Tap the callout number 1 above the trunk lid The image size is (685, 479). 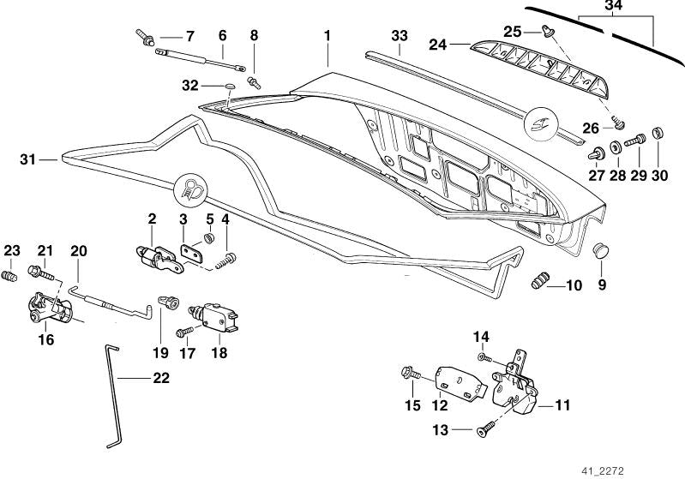pyautogui.click(x=327, y=36)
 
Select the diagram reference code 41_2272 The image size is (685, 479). pyautogui.click(x=652, y=470)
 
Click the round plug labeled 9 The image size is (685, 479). pyautogui.click(x=602, y=250)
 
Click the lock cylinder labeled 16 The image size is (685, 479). pyautogui.click(x=41, y=309)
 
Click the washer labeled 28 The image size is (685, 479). pyautogui.click(x=616, y=148)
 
